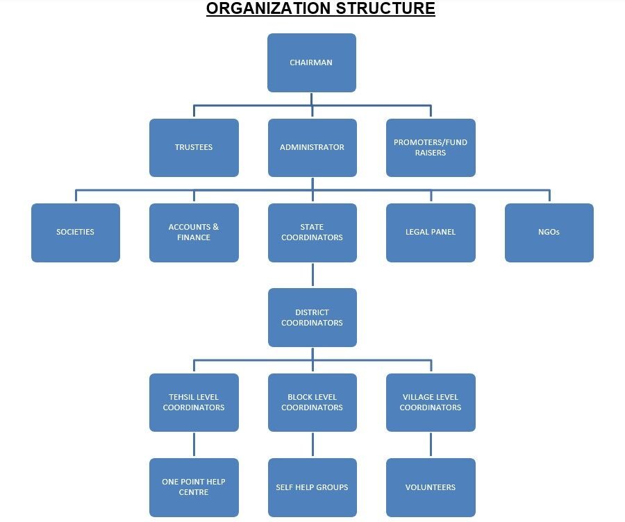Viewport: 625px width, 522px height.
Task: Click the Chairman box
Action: click(312, 62)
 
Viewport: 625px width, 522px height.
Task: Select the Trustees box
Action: click(194, 147)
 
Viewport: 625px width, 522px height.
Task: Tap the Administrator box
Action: click(312, 147)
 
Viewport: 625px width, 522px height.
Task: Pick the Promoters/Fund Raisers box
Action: click(431, 147)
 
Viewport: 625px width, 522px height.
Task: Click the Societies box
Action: click(76, 233)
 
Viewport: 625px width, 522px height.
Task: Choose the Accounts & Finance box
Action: click(194, 233)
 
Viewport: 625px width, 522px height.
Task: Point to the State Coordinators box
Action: click(312, 233)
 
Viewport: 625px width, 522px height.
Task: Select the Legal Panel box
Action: click(431, 233)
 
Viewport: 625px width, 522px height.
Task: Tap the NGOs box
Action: click(549, 233)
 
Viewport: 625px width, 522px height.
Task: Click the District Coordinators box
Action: click(312, 318)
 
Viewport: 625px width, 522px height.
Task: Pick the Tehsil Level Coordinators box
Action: click(194, 403)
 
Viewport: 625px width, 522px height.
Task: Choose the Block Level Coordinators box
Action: click(312, 403)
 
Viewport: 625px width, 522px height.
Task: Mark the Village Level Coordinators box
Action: click(431, 403)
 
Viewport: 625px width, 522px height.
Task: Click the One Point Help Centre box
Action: click(194, 487)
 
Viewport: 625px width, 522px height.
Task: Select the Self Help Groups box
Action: click(312, 487)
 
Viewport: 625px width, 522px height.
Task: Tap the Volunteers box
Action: click(431, 487)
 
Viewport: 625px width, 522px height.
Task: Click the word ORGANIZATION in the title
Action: click(269, 8)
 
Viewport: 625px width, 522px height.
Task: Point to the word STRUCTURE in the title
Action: click(385, 8)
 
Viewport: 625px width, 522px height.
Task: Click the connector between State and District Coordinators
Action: click(312, 275)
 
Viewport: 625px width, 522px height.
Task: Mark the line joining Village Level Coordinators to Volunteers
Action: click(431, 445)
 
